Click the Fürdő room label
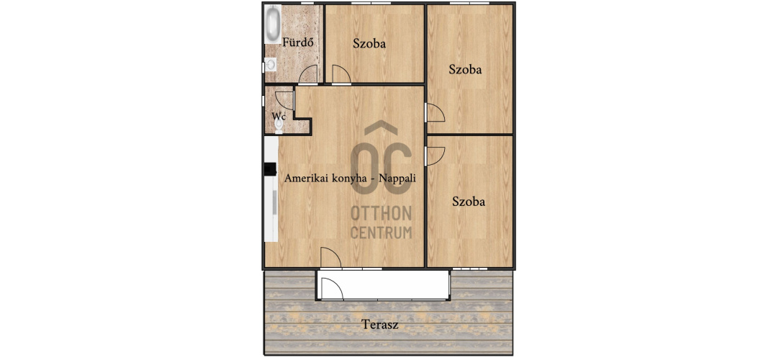(297, 42)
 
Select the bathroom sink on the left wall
(270, 64)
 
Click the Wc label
(279, 116)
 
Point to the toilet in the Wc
(279, 125)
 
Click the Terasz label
(380, 325)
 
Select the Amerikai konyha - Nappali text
(351, 178)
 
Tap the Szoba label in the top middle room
(369, 44)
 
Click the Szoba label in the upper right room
(465, 70)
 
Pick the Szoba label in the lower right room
(469, 202)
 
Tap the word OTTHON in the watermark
(381, 213)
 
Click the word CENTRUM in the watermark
(381, 233)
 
